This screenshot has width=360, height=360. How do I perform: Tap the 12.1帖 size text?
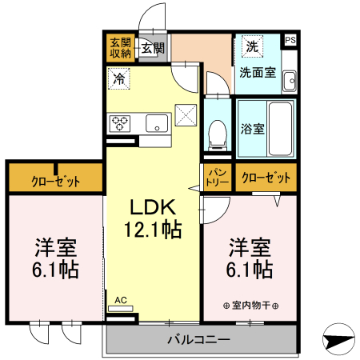pos(152,230)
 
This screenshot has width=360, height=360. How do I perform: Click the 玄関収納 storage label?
pos(120,49)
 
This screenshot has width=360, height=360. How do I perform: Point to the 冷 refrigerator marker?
pos(119,78)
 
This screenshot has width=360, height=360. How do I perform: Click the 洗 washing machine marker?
pos(251,46)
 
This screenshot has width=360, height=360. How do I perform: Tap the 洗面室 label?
pos(257,72)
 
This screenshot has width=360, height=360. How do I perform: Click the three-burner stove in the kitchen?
pos(121,122)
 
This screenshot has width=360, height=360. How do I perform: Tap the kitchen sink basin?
pos(157,122)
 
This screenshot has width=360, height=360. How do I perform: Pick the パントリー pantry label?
pos(217,177)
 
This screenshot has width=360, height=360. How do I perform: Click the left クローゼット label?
pos(56,181)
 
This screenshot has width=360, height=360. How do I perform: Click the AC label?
pos(121,300)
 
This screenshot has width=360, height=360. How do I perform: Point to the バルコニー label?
pos(199,340)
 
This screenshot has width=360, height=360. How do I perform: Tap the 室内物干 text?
pos(250,305)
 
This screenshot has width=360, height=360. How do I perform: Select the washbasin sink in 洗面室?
pos(290,79)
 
